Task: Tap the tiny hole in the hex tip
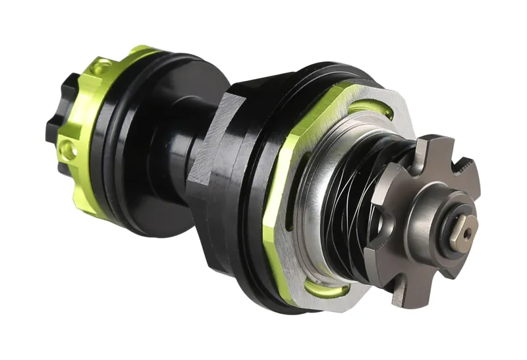tap(467, 233)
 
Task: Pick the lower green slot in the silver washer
tap(335, 288)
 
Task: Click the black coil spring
tap(359, 198)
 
